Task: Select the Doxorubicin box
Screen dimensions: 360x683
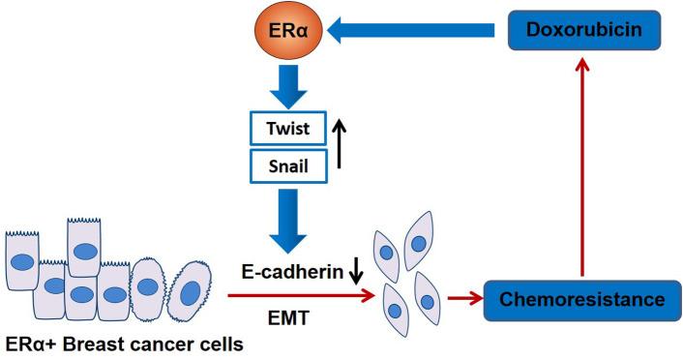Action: click(x=583, y=34)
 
